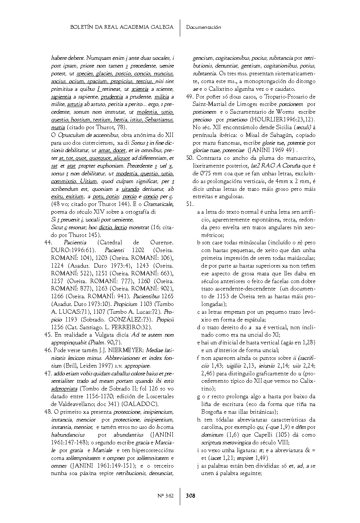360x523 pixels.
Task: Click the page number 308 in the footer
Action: (191, 496)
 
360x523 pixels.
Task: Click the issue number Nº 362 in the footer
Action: (165, 496)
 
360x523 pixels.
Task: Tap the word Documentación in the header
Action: (203, 27)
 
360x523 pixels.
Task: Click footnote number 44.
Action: (47, 242)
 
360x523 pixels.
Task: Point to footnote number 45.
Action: (47, 335)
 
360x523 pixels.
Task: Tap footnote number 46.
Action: (47, 350)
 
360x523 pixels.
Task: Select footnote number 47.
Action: (47, 373)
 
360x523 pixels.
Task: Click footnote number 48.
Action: (47, 412)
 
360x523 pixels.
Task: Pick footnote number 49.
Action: (189, 97)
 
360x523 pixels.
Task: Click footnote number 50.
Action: (189, 158)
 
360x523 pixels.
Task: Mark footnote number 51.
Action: (189, 204)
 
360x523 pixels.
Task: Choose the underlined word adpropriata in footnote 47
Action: (64, 389)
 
